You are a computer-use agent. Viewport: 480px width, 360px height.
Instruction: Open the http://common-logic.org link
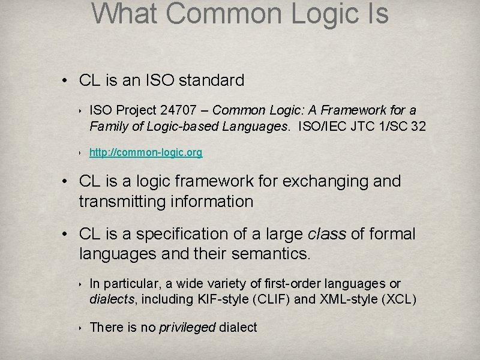pyautogui.click(x=146, y=153)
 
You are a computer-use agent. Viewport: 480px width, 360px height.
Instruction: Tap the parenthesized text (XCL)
pyautogui.click(x=398, y=299)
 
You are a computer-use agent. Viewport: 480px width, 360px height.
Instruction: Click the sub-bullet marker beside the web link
pyautogui.click(x=80, y=154)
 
